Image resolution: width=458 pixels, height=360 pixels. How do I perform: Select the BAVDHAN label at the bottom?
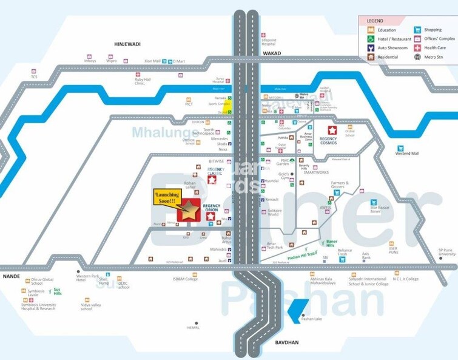coord(278,344)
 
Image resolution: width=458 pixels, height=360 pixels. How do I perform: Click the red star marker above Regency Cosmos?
coord(332,130)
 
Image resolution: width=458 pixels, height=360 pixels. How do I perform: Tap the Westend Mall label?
coord(407,154)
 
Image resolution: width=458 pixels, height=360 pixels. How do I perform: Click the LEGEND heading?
coord(375,21)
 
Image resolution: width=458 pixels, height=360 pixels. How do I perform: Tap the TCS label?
coord(35,76)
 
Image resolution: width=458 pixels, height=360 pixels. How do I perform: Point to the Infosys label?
coord(90,61)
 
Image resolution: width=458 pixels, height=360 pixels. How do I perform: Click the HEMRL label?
coord(194,328)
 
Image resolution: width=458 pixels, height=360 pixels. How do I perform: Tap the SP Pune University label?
coord(446,252)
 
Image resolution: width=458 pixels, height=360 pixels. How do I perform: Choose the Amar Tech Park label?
coord(275,248)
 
